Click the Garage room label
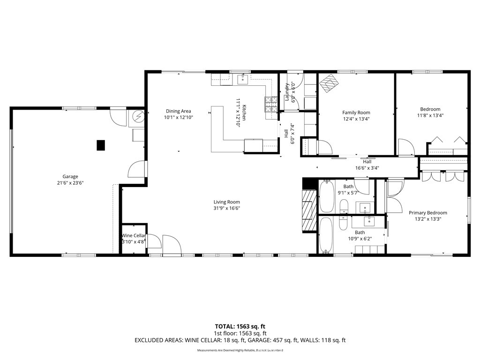(70, 177)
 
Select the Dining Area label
(178, 111)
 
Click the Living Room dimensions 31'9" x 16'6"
(226, 209)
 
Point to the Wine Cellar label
(134, 236)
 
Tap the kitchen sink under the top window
(242, 80)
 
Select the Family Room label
(356, 112)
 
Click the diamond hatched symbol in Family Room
(329, 83)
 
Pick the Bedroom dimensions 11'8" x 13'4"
(430, 115)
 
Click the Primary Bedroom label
(427, 212)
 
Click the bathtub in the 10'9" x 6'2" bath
(325, 234)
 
